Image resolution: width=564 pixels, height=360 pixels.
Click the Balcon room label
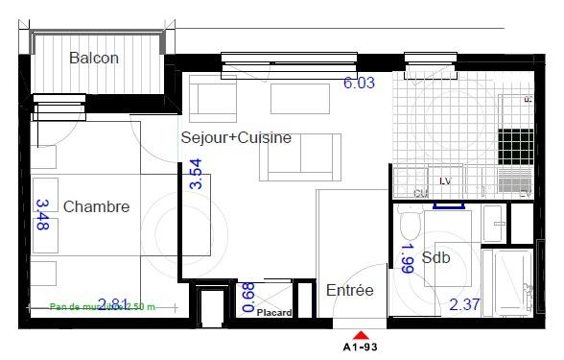click(94, 59)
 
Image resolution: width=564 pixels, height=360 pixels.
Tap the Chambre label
click(96, 206)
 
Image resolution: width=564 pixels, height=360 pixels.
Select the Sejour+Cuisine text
click(236, 138)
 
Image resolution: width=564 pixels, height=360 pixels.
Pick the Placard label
click(275, 311)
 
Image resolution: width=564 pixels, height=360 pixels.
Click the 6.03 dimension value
click(359, 84)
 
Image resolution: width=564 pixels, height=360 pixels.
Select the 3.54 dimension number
click(196, 176)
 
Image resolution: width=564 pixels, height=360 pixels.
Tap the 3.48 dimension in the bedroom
click(42, 216)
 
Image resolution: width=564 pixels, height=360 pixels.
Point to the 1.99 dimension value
click(407, 259)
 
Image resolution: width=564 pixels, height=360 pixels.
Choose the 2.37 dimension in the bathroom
click(466, 306)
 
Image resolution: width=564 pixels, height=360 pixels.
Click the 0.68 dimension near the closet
click(248, 298)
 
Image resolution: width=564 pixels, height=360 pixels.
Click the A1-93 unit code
click(361, 347)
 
